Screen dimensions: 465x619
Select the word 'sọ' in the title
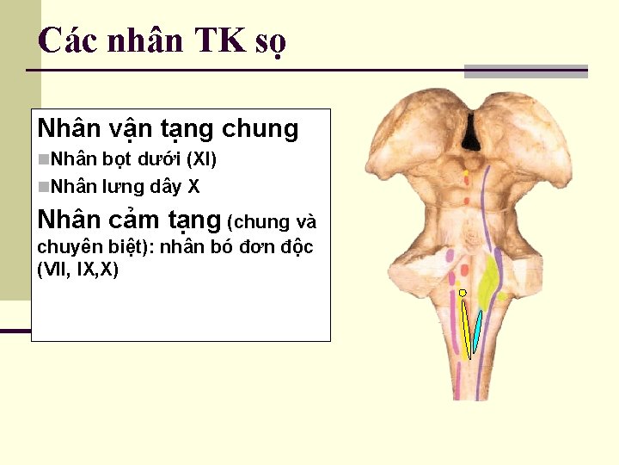(x=270, y=41)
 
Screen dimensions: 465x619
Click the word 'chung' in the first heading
(x=260, y=129)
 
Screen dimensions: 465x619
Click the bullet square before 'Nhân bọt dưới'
(x=44, y=159)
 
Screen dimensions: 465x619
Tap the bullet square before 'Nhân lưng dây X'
(x=44, y=186)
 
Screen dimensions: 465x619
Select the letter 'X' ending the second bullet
(x=194, y=186)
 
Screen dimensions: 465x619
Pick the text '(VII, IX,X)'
(x=78, y=270)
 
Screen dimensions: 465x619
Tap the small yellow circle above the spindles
(x=463, y=293)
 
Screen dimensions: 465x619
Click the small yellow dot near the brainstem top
(x=466, y=173)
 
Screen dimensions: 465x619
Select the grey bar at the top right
(x=525, y=71)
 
